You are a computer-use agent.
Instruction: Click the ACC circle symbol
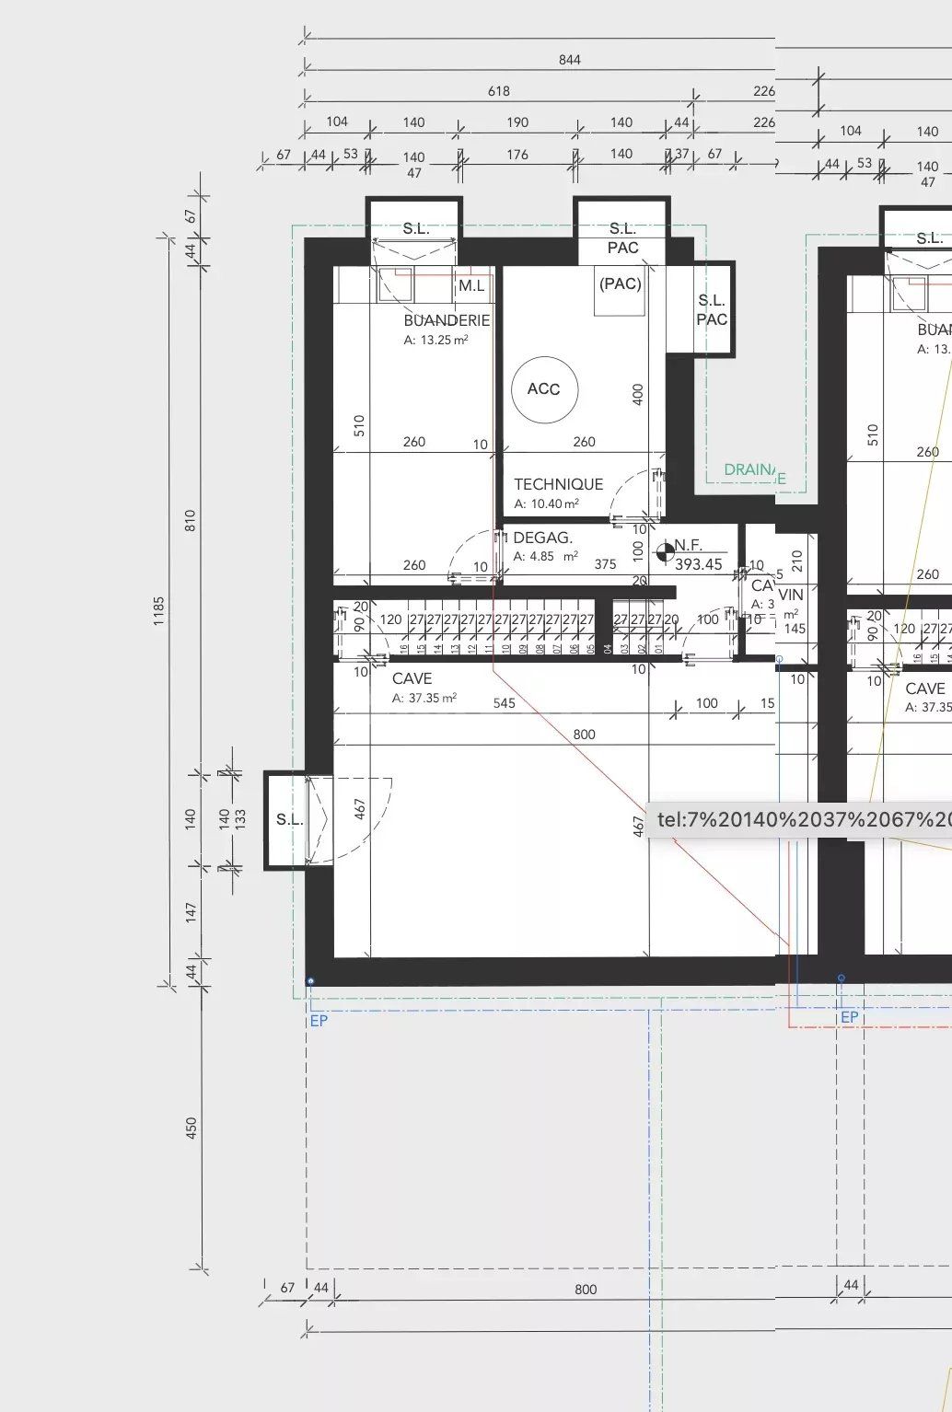[x=544, y=389]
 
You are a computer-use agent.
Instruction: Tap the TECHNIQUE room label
[x=558, y=484]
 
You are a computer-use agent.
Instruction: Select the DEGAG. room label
[x=542, y=538]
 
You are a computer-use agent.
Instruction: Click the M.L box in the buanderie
[x=471, y=285]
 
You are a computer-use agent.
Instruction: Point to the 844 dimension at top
[x=570, y=60]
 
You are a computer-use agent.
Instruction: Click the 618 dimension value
[x=499, y=91]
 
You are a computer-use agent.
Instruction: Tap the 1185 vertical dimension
[x=158, y=611]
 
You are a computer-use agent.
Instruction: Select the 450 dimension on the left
[x=192, y=1128]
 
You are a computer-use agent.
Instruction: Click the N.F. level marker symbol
[x=664, y=553]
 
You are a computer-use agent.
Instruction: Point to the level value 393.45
[x=699, y=565]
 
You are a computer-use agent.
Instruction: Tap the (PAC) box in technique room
[x=620, y=284]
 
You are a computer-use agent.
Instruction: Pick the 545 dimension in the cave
[x=505, y=703]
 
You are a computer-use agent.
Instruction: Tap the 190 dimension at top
[x=517, y=122]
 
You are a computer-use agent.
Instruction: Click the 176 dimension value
[x=517, y=155]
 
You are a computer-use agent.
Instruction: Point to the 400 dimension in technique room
[x=638, y=395]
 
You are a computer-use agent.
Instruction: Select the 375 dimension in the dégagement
[x=605, y=564]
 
